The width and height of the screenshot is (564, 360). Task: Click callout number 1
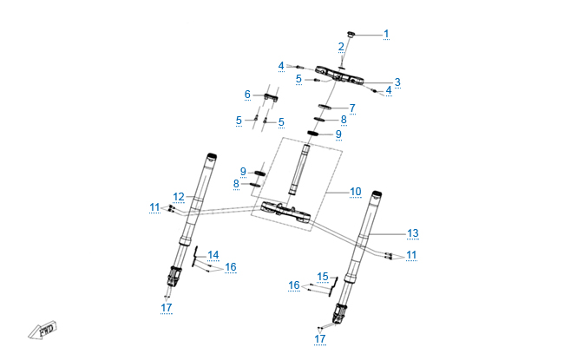(386, 34)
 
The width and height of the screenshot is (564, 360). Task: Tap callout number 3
(397, 82)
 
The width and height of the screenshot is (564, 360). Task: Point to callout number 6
(247, 94)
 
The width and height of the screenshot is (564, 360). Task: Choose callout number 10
(355, 191)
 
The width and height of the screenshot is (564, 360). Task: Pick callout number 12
(178, 197)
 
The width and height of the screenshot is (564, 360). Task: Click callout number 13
(413, 233)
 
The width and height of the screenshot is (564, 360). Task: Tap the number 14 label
(213, 255)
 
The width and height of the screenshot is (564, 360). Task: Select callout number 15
(323, 277)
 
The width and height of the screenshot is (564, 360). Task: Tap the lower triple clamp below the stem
(283, 211)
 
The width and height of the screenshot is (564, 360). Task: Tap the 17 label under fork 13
(320, 338)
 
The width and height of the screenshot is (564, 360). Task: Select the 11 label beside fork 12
(154, 207)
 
